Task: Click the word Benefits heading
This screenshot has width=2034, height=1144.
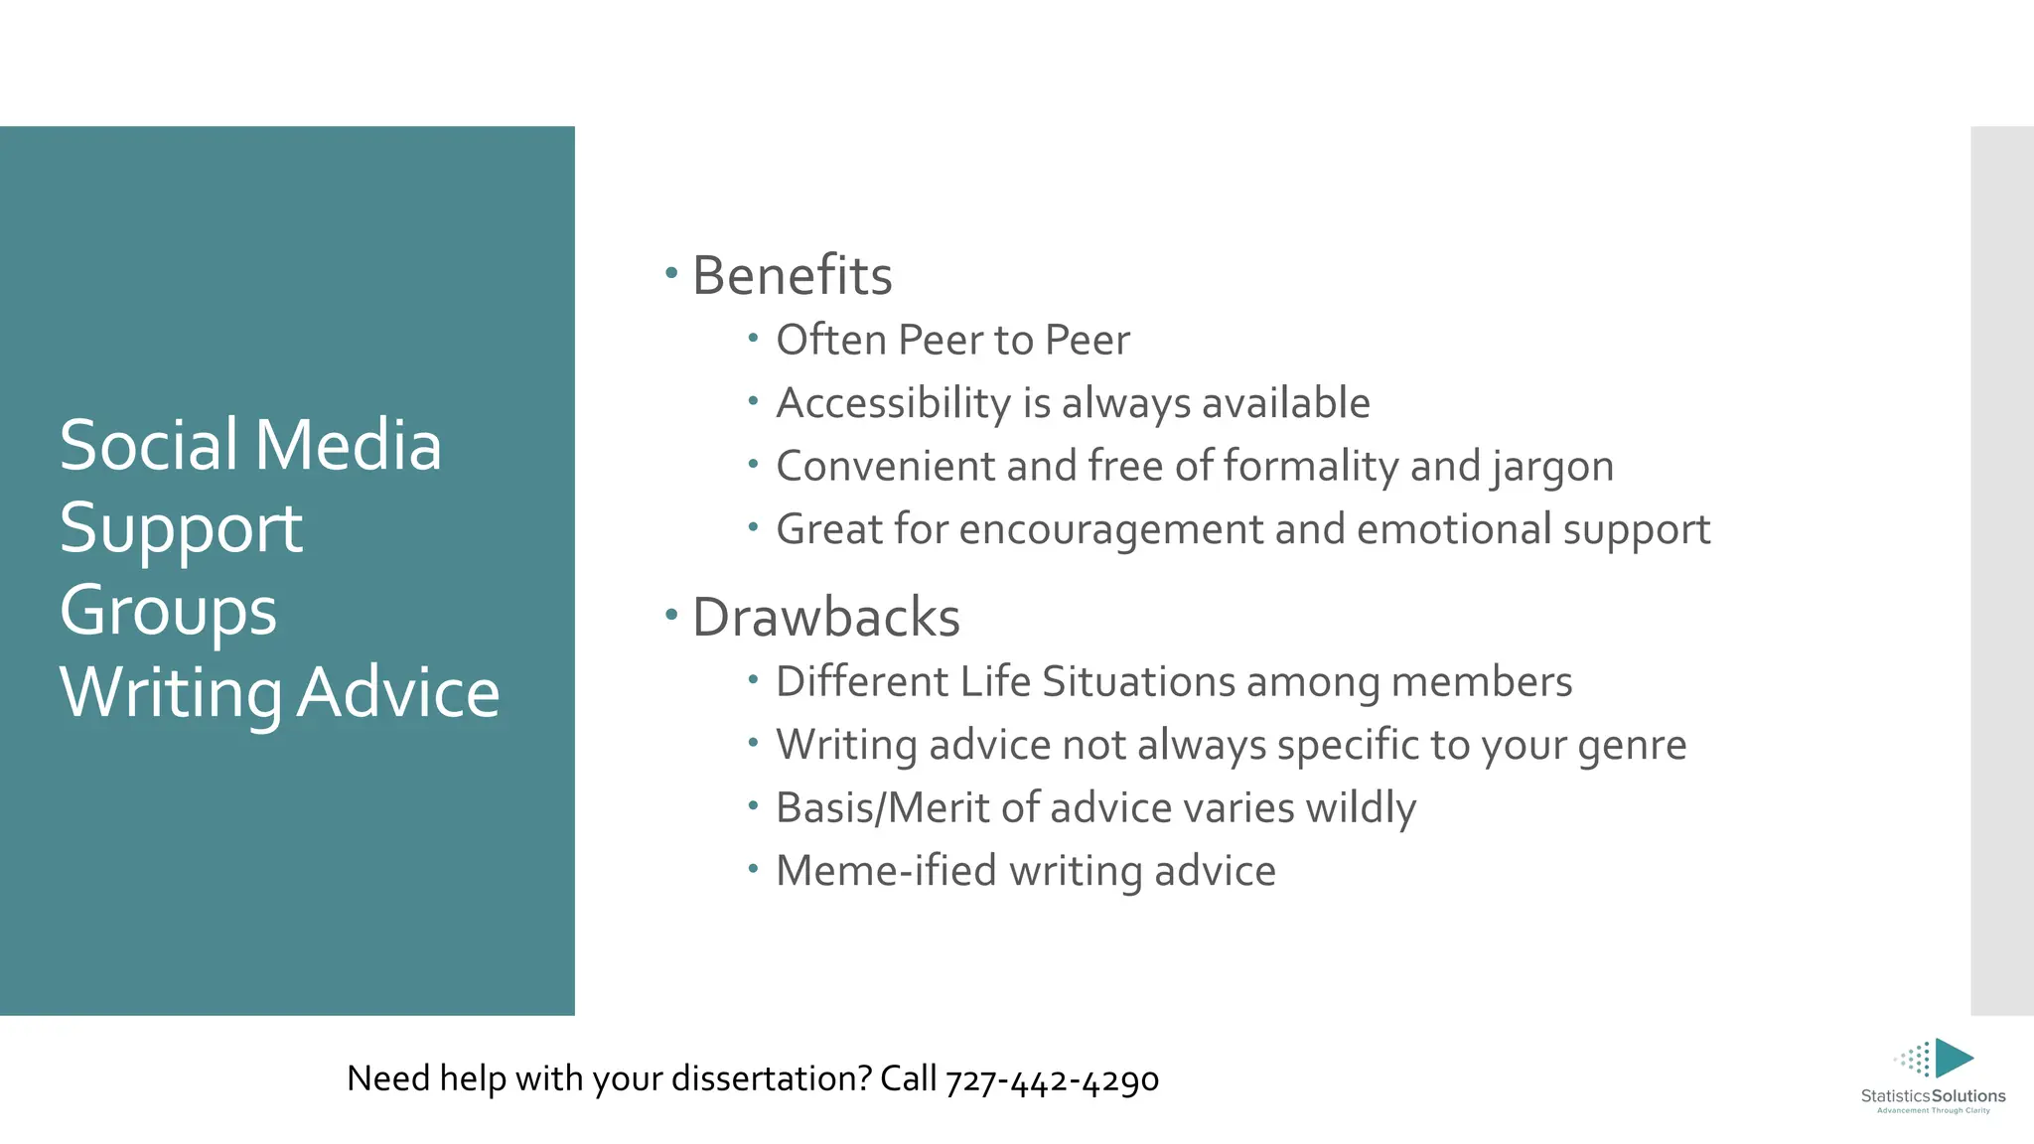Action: click(792, 276)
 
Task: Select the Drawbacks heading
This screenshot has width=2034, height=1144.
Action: click(825, 618)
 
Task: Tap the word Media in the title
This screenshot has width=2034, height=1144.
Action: click(348, 445)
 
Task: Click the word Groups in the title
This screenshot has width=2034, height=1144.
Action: click(168, 611)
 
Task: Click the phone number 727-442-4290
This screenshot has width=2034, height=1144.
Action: click(1052, 1079)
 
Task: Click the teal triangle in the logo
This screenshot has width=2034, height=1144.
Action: click(1953, 1059)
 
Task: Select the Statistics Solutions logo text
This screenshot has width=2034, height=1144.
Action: click(1933, 1096)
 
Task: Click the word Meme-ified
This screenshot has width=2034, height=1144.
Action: click(886, 871)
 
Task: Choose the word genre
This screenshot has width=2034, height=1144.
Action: click(1632, 746)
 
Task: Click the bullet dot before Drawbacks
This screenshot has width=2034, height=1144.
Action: click(671, 615)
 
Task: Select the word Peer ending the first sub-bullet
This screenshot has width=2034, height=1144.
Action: click(1088, 341)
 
